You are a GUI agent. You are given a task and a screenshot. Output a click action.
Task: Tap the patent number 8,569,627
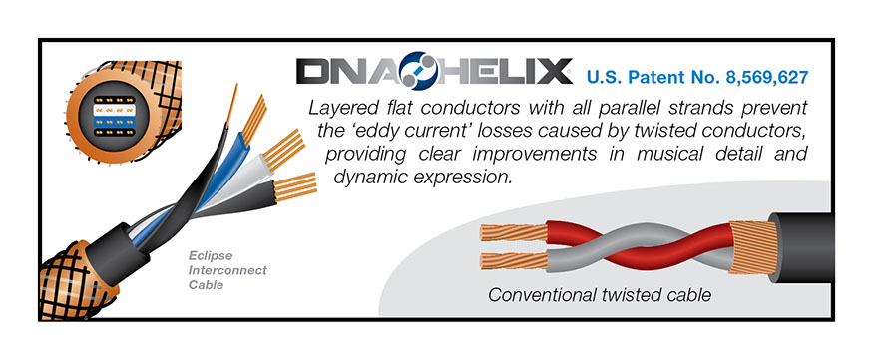point(766,78)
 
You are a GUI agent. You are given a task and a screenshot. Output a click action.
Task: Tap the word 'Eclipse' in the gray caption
point(211,256)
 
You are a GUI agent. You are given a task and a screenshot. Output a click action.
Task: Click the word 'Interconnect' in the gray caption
point(227,271)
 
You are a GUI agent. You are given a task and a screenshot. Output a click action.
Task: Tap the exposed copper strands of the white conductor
point(284,149)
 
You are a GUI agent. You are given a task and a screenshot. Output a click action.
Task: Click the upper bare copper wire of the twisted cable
point(513,231)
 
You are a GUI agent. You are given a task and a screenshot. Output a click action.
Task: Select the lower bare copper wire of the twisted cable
point(513,260)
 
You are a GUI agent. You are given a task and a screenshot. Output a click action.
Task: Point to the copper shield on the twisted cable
point(752,247)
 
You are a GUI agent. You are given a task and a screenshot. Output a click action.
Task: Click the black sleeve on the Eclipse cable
point(118,246)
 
